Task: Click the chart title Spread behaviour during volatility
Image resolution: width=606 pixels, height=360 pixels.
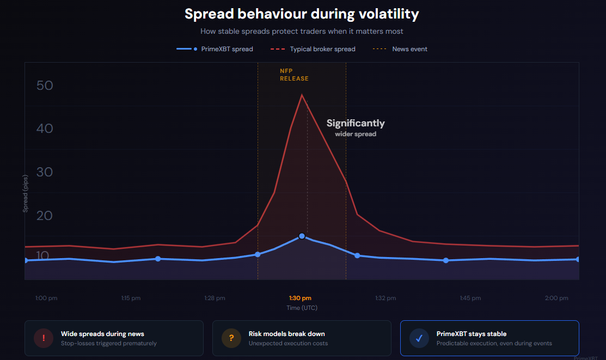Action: tap(302, 14)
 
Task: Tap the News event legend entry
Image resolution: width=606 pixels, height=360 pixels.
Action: tap(400, 49)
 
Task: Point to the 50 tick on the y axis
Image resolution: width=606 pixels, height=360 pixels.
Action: tap(45, 86)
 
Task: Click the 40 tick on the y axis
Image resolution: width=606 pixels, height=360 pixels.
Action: tap(45, 129)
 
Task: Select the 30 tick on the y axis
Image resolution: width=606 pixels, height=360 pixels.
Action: tap(45, 172)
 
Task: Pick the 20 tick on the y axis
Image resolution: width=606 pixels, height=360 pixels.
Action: tap(45, 216)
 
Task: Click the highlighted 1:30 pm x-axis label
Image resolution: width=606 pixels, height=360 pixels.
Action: tap(300, 298)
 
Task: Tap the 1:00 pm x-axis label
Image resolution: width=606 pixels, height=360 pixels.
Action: tap(46, 298)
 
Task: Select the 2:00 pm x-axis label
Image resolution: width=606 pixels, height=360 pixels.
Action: tap(556, 298)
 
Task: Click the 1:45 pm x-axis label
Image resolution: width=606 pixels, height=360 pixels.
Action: tap(470, 298)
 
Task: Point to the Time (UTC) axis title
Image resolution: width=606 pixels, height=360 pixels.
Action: tap(302, 308)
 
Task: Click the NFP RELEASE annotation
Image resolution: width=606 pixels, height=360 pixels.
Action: tap(294, 75)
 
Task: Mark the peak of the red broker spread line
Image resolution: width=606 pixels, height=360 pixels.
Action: tap(302, 95)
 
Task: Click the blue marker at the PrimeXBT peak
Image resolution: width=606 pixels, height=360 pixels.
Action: tap(302, 236)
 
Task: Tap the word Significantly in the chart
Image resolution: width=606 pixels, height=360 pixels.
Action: tap(356, 123)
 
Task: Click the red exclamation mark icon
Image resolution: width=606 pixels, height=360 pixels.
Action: tap(44, 338)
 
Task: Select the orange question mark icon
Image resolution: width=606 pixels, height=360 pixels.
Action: tap(231, 338)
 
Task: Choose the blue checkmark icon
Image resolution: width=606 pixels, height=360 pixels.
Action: tap(419, 338)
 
